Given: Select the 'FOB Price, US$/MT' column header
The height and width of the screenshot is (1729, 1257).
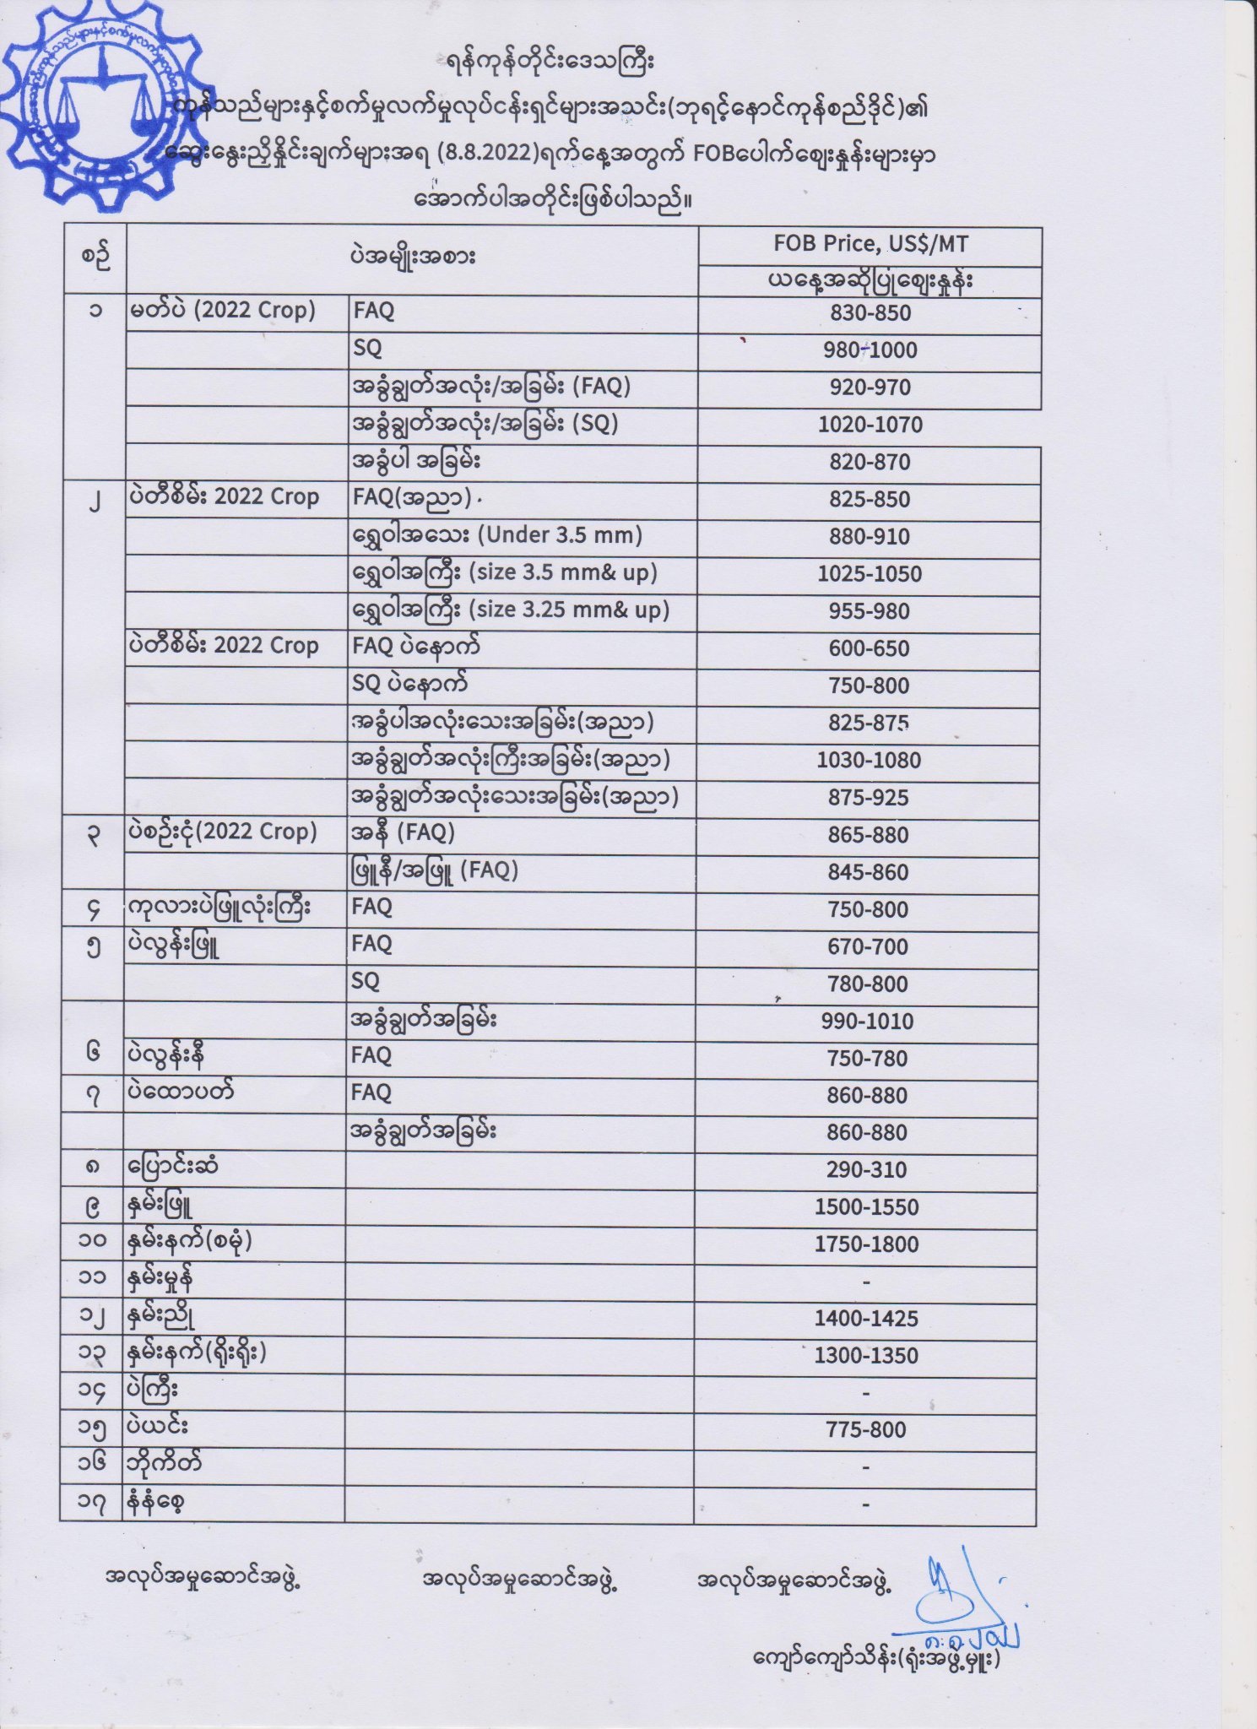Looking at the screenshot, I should point(870,244).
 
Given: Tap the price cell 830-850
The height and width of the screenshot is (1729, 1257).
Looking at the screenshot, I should point(870,313).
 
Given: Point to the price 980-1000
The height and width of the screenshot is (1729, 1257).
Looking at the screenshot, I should point(870,350).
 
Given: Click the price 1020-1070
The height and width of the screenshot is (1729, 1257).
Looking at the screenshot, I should point(870,425).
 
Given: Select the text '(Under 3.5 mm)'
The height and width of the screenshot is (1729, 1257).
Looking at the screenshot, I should point(561,535).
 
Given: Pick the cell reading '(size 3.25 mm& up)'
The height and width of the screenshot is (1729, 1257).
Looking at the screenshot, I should point(569,610).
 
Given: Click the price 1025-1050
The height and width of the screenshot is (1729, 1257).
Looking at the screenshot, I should point(870,574).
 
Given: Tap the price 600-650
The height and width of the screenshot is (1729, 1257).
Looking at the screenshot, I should point(869,648).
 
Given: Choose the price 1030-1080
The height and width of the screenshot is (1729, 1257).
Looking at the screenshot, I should point(869,760).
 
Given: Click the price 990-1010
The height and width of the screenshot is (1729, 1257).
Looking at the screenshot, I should point(868,1022).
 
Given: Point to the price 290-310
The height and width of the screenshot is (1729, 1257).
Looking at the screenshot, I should point(867,1170).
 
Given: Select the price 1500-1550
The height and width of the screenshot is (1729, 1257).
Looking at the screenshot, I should point(867,1207).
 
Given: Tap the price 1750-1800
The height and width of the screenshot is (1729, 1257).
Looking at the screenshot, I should point(867,1244).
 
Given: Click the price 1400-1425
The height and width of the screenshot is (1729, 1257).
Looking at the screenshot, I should point(867,1319).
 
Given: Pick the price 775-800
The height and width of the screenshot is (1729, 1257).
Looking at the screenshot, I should point(867,1430).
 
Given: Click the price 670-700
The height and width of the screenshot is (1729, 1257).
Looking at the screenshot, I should point(868,947).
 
